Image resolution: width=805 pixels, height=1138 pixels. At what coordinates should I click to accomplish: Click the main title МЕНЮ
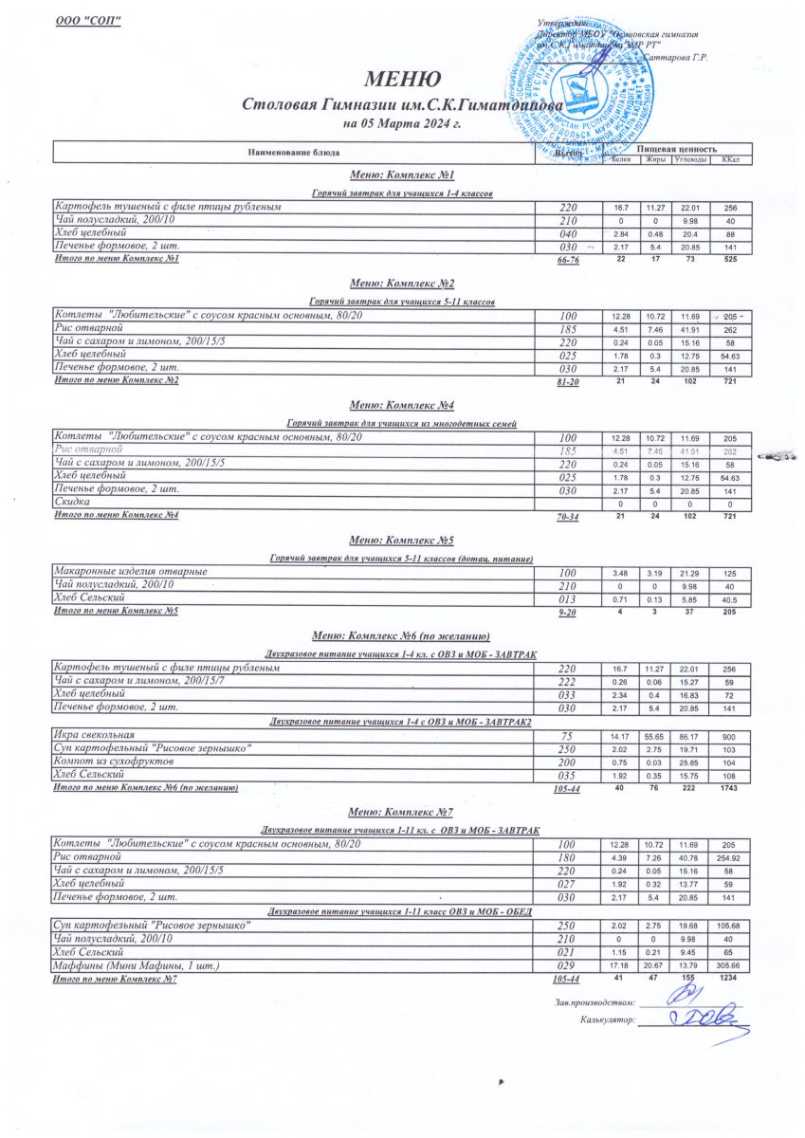coord(402,80)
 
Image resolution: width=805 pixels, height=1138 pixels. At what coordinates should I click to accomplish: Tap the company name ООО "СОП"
coord(88,21)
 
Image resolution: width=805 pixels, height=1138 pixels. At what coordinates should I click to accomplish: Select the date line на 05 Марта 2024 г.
coord(401,124)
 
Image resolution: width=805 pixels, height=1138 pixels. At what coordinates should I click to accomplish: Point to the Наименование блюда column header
coord(293,153)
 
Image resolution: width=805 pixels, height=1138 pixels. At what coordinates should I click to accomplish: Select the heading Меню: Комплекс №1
coord(402,175)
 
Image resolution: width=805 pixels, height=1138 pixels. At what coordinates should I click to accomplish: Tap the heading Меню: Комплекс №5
coord(402,540)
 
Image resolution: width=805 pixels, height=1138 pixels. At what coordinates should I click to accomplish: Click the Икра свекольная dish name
coord(95,734)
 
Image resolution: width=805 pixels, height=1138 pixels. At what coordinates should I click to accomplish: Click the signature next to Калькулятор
coord(697,1019)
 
